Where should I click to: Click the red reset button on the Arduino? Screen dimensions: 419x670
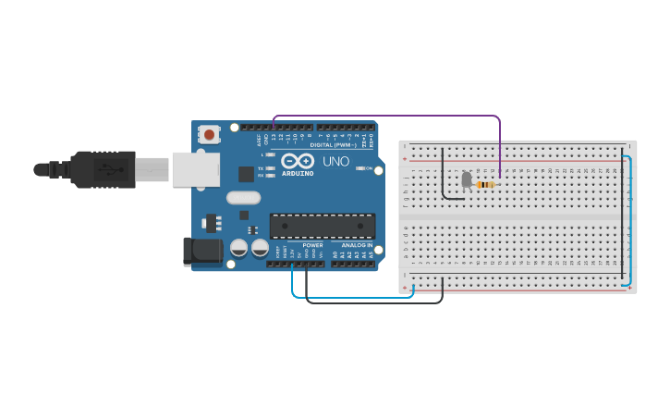click(209, 135)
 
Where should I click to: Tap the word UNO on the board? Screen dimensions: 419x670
click(335, 161)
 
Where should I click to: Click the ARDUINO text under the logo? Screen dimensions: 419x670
click(298, 173)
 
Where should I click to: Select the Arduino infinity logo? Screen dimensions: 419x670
click(298, 160)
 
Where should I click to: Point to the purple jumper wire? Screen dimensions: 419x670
click(388, 117)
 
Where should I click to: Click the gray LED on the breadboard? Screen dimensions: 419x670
click(467, 179)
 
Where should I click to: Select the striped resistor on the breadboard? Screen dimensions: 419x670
click(485, 185)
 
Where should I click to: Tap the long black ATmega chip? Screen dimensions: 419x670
click(322, 226)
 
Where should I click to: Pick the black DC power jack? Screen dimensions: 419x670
click(204, 251)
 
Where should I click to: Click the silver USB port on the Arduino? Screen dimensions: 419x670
click(195, 169)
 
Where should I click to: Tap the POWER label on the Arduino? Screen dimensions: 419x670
click(313, 245)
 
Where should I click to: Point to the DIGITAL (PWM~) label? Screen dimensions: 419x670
click(334, 144)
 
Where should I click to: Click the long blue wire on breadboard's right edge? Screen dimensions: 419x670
click(629, 222)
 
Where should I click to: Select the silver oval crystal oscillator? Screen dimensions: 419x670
click(243, 197)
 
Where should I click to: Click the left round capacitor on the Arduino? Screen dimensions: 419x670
click(238, 248)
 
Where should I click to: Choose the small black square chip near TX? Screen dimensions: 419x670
click(246, 174)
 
